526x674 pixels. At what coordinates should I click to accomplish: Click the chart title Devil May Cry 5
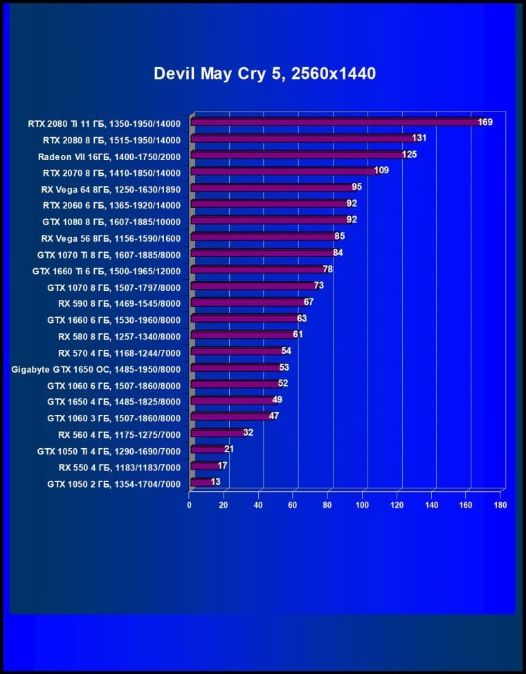click(265, 73)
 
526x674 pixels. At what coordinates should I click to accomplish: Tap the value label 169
click(485, 122)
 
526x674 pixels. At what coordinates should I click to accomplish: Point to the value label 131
click(419, 138)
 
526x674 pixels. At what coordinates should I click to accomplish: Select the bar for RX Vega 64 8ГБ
click(271, 187)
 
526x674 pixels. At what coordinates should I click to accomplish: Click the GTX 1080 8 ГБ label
click(111, 222)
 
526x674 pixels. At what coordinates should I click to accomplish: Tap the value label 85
click(339, 236)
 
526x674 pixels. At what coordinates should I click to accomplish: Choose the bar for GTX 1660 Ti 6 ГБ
click(256, 269)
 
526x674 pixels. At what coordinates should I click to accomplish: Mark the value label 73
click(318, 285)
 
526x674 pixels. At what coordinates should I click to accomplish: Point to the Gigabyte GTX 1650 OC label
click(96, 369)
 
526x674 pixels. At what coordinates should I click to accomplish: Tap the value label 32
click(248, 432)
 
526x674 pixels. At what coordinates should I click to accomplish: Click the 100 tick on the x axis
click(362, 505)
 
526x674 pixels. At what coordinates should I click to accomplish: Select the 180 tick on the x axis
click(500, 505)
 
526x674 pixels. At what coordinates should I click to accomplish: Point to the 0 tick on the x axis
click(190, 505)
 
